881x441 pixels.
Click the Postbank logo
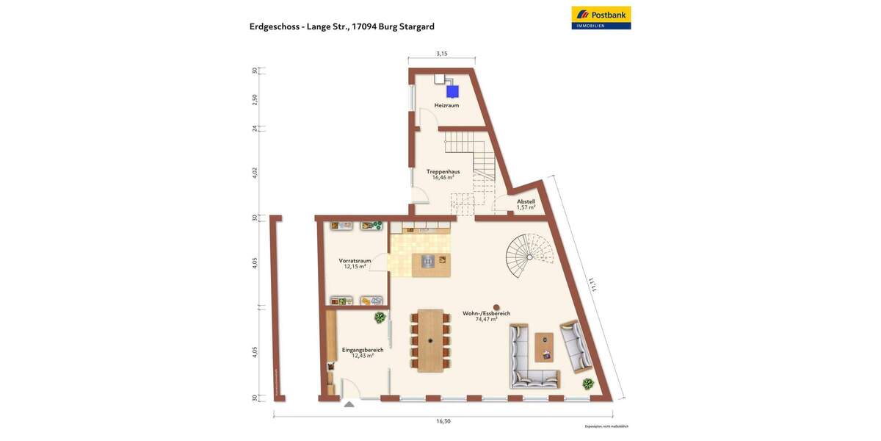coord(601,18)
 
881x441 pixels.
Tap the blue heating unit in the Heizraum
coord(453,91)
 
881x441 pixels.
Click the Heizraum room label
coord(446,106)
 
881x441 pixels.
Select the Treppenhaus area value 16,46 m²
coord(443,177)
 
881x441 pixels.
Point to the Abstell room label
coord(526,201)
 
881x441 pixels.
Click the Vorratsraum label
coord(355,260)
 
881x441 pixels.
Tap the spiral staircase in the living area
coord(528,257)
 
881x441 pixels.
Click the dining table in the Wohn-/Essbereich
coord(430,340)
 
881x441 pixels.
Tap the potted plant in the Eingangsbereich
coord(380,318)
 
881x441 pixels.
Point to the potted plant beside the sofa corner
coord(587,384)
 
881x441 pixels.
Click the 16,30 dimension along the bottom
coord(443,421)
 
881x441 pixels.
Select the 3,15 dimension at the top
coord(441,54)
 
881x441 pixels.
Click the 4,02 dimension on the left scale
coord(255,173)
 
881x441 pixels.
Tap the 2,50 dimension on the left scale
coord(255,99)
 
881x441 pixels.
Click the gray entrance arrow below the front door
coord(349,404)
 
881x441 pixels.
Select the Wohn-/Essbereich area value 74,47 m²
coord(485,319)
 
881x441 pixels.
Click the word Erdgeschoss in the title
coord(274,26)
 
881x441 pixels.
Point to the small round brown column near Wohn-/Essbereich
coord(496,307)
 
